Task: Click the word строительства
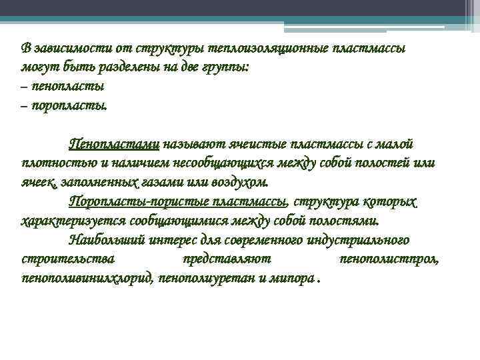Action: [x=67, y=259]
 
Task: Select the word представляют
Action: [x=226, y=259]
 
